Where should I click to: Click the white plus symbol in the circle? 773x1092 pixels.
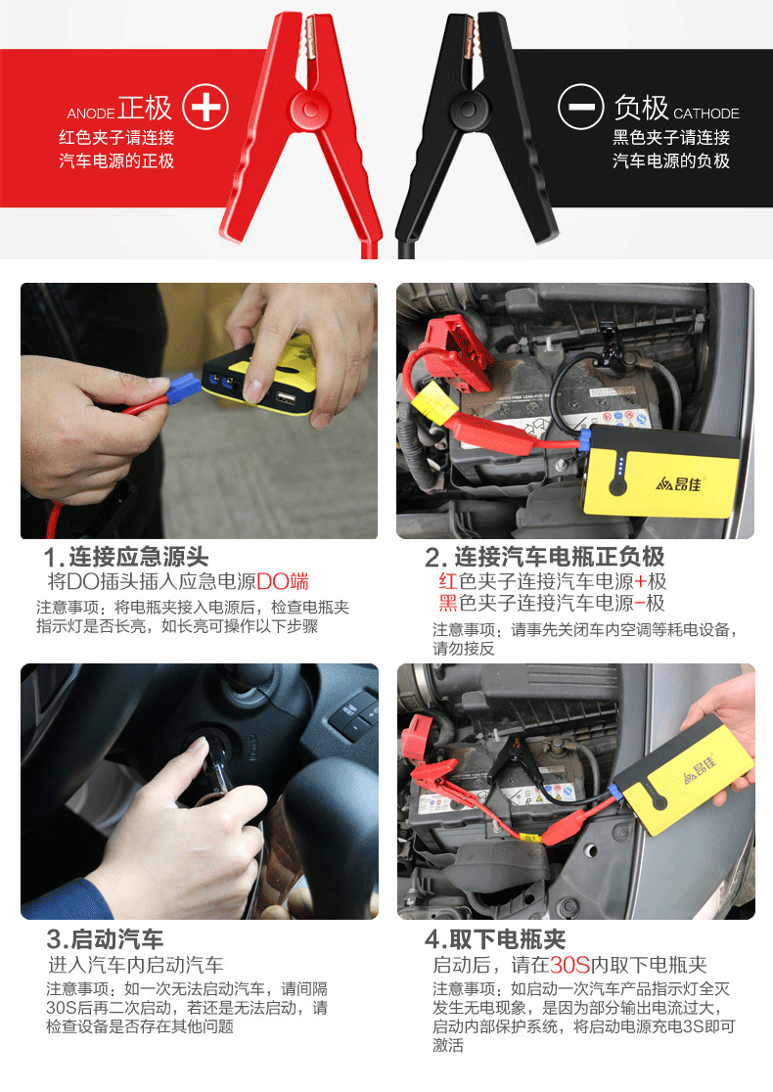(x=205, y=107)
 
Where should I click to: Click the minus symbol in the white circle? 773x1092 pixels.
(x=580, y=107)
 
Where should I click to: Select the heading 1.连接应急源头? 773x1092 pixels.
(x=126, y=558)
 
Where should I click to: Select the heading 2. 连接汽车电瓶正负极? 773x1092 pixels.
(x=544, y=558)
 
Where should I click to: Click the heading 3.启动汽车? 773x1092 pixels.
(x=105, y=940)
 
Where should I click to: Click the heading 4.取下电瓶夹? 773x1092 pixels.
(x=495, y=940)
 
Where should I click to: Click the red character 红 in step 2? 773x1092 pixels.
(x=448, y=581)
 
